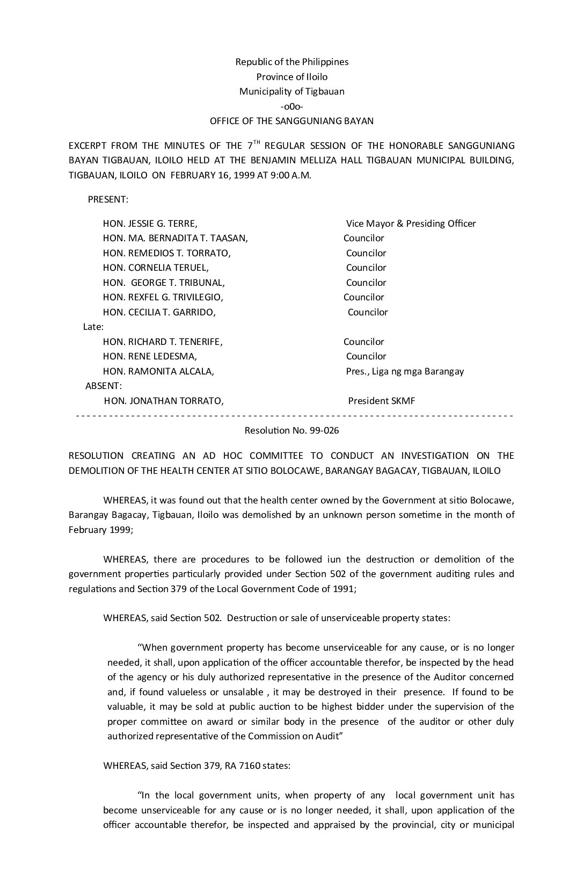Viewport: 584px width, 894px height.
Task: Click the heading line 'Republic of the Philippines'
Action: click(x=292, y=62)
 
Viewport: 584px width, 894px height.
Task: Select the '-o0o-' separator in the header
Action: click(x=292, y=106)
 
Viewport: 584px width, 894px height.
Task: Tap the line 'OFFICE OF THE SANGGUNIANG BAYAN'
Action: click(x=291, y=121)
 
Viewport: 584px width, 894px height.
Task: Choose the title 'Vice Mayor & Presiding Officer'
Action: click(x=411, y=223)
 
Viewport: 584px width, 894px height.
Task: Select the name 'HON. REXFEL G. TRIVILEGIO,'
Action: click(x=163, y=297)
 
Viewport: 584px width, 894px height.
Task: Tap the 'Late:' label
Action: click(x=93, y=327)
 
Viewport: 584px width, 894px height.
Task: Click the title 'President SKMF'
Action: click(x=382, y=401)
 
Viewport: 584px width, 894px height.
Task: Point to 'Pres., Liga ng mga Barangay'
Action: click(x=405, y=371)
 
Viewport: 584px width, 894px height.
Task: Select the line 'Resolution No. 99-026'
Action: click(x=291, y=431)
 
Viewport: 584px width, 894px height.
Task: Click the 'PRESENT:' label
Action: click(x=108, y=199)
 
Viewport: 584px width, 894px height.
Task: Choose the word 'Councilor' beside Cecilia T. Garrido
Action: click(x=368, y=312)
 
